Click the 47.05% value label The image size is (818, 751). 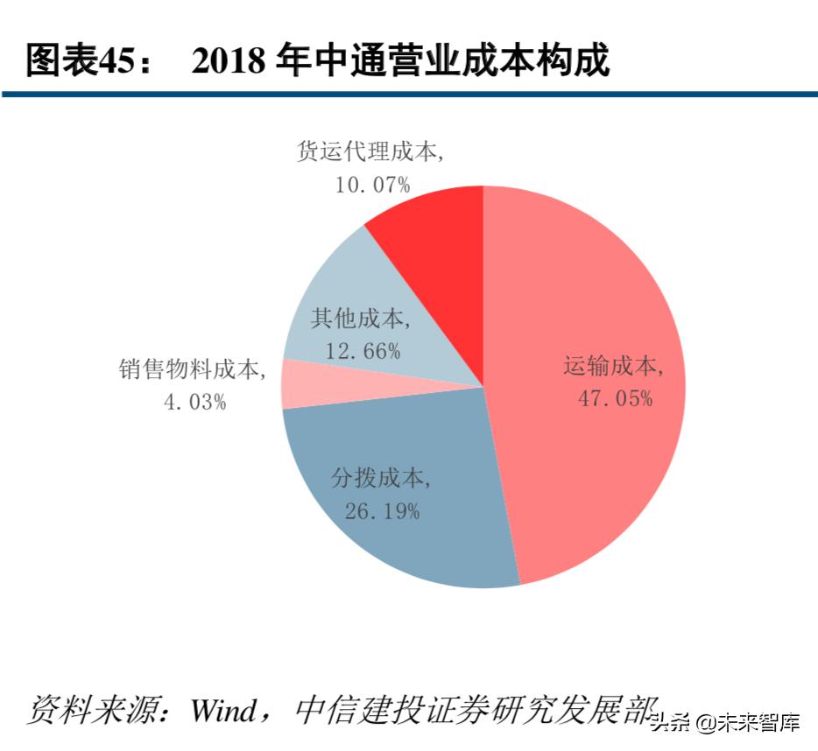tap(615, 399)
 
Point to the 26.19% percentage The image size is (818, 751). tap(382, 511)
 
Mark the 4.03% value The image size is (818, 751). tap(194, 404)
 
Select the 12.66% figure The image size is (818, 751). tap(363, 352)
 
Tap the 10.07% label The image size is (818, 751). tap(371, 185)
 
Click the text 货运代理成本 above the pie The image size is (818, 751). tap(369, 151)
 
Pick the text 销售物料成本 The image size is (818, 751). tap(191, 370)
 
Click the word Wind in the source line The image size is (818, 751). tap(226, 707)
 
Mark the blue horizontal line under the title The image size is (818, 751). tap(409, 94)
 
